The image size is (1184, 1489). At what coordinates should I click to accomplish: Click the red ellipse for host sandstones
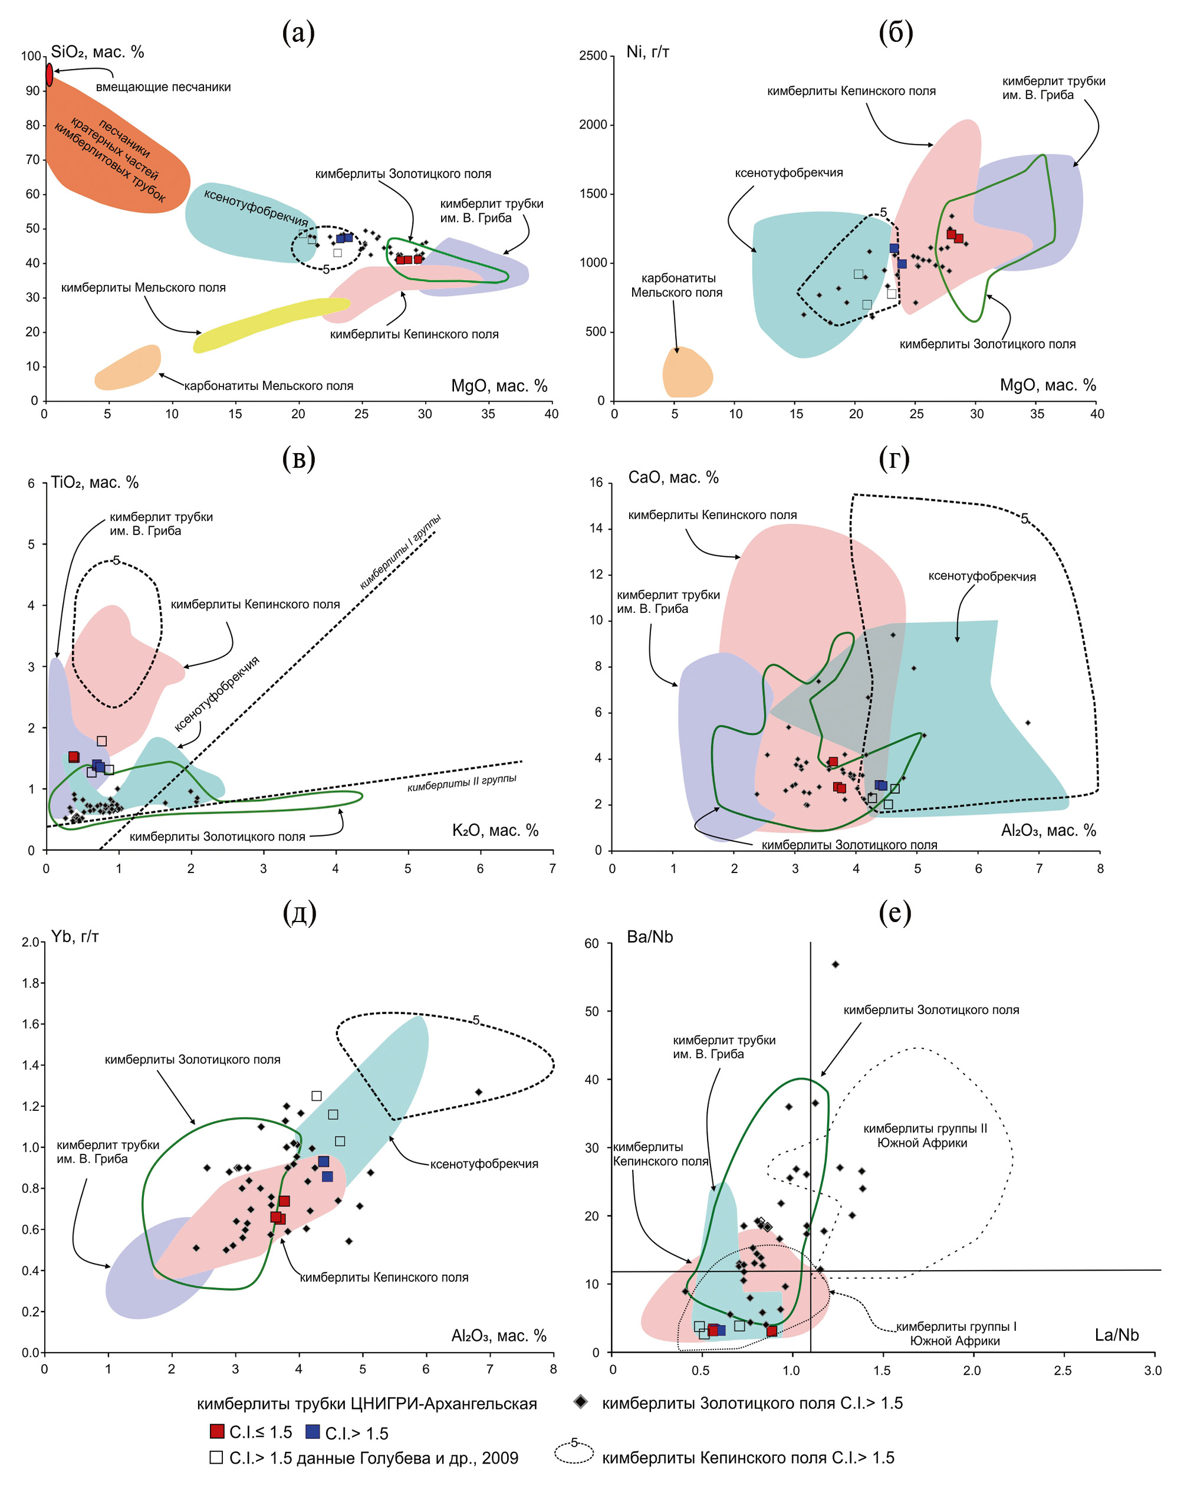pyautogui.click(x=49, y=74)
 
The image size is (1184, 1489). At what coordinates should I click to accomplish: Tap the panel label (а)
pyautogui.click(x=298, y=32)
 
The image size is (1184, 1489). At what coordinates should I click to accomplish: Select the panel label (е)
pyautogui.click(x=894, y=913)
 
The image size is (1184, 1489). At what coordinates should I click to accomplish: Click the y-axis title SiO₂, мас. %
pyautogui.click(x=97, y=53)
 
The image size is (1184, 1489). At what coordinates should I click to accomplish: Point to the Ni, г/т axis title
pyautogui.click(x=647, y=52)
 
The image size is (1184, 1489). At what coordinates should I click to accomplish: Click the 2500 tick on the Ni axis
pyautogui.click(x=593, y=56)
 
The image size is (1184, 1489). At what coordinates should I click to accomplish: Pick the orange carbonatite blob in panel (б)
pyautogui.click(x=686, y=373)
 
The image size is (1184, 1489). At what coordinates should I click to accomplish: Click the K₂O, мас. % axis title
pyautogui.click(x=495, y=830)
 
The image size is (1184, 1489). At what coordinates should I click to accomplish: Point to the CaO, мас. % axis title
pyautogui.click(x=673, y=477)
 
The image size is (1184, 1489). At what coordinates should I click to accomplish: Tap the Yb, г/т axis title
pyautogui.click(x=74, y=936)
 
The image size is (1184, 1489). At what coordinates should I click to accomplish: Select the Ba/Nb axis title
pyautogui.click(x=650, y=937)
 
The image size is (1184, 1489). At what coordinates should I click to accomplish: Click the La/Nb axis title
pyautogui.click(x=1116, y=1335)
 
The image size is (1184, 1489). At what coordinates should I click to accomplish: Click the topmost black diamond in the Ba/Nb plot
pyautogui.click(x=836, y=964)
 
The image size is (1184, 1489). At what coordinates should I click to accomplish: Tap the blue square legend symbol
pyautogui.click(x=313, y=1431)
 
